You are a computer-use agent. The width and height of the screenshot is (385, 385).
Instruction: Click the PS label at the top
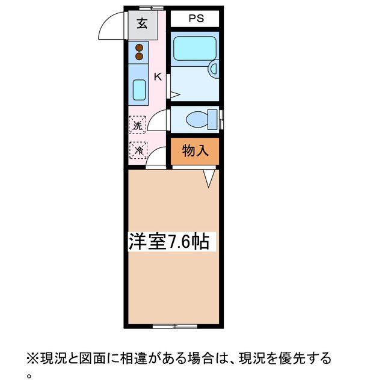[x=196, y=19]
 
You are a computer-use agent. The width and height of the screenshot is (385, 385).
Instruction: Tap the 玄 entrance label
[x=142, y=25]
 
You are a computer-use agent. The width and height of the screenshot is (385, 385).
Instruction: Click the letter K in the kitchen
[x=158, y=76]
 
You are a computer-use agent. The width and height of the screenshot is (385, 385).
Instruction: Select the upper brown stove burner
[x=139, y=48]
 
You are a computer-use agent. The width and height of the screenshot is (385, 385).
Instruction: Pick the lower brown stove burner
[x=139, y=57]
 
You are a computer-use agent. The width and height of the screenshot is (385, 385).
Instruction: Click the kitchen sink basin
[x=138, y=90]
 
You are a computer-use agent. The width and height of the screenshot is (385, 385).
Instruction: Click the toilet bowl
[x=193, y=119]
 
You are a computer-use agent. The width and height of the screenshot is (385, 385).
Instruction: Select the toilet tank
[x=211, y=119]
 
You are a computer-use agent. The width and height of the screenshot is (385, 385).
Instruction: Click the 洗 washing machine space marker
[x=138, y=126]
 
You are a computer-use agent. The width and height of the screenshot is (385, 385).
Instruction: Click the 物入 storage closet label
[x=195, y=151]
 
